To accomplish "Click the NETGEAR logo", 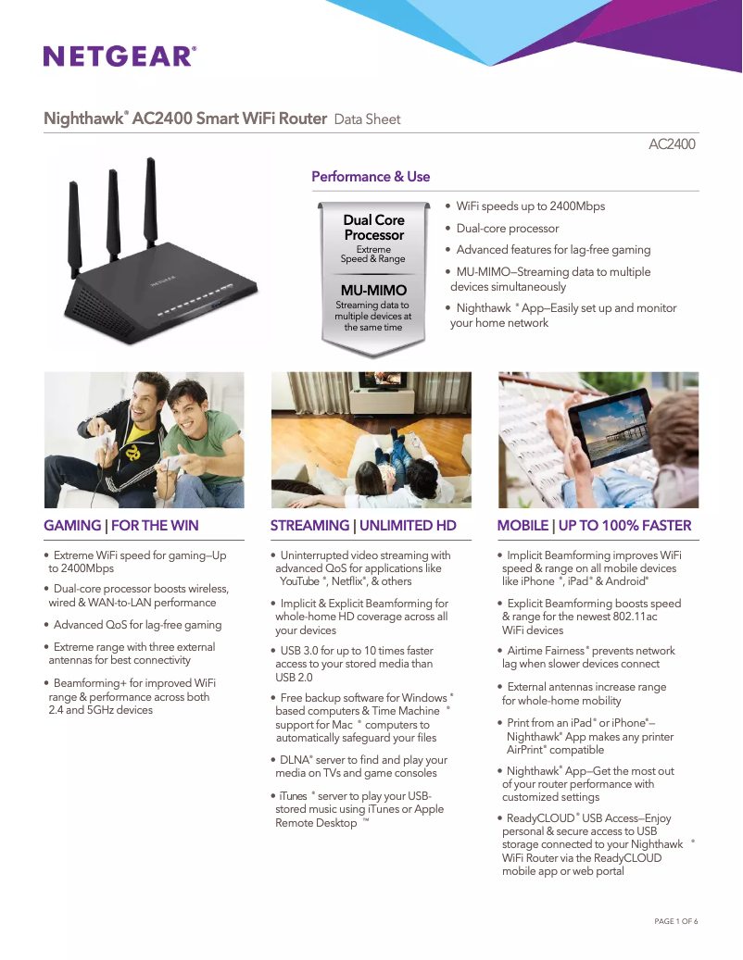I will click(x=119, y=56).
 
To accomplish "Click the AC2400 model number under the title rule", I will click(x=672, y=144).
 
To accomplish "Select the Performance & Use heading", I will click(x=371, y=177).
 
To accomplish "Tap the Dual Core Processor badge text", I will click(x=374, y=228).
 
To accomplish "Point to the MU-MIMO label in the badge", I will click(x=374, y=291).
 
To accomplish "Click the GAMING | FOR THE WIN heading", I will click(x=121, y=526).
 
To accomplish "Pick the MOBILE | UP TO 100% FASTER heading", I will click(x=594, y=526).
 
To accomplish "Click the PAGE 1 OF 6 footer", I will click(x=675, y=921).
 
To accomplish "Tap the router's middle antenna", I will click(x=113, y=213).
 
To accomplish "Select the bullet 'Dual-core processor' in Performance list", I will click(x=508, y=229).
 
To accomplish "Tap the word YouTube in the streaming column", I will click(x=299, y=581).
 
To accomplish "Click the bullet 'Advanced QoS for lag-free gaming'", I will click(x=137, y=625).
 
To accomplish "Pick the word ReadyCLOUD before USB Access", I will click(x=540, y=818).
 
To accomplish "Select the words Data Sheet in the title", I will click(x=367, y=119).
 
